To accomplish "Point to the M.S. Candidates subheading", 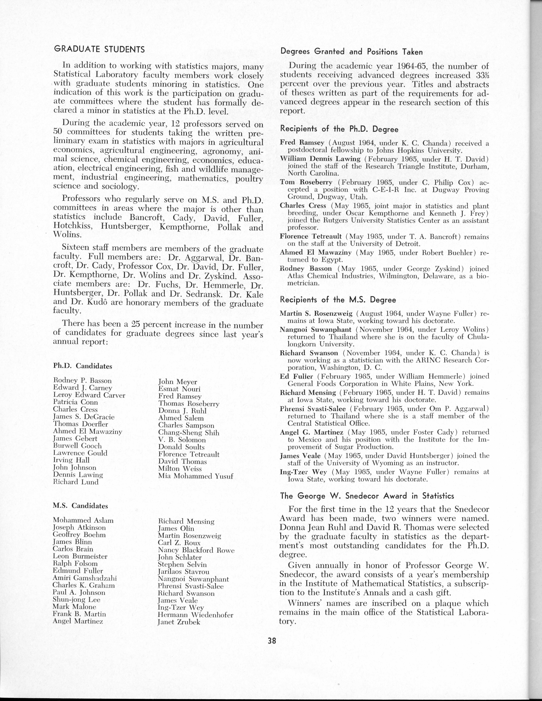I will (80, 506).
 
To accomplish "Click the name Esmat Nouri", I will (179, 389).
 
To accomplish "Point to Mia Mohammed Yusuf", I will (196, 476).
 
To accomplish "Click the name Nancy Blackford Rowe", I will (196, 550).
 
